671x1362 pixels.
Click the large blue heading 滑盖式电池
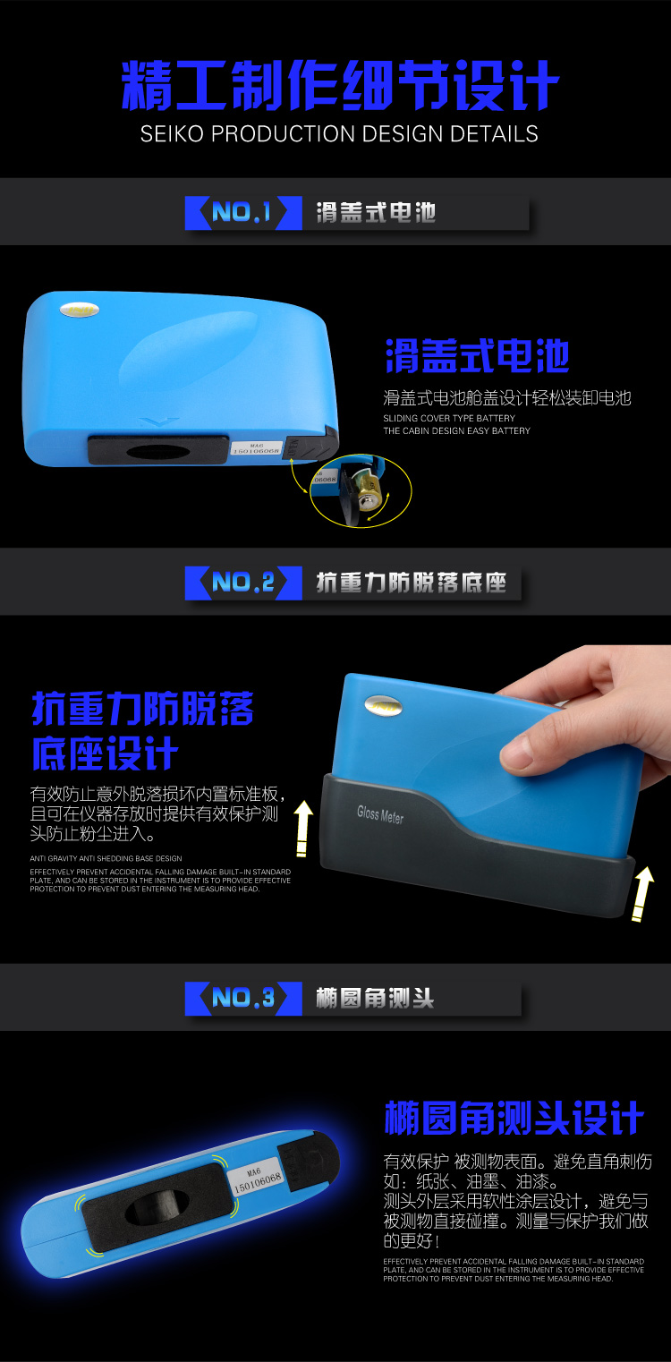[477, 356]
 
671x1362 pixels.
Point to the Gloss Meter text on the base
[380, 814]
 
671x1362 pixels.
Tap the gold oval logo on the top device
[79, 311]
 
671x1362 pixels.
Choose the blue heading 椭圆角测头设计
[514, 1118]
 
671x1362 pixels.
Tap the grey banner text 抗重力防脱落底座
[411, 583]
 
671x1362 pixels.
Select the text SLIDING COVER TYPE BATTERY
[449, 418]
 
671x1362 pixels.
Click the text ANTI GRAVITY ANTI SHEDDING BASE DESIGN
[106, 858]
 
